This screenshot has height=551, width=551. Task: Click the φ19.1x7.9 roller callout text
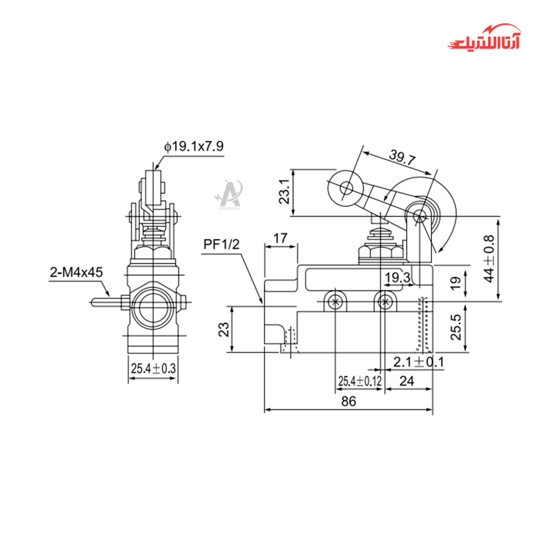[193, 147]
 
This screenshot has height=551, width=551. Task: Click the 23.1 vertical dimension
[284, 192]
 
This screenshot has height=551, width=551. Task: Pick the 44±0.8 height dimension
[489, 258]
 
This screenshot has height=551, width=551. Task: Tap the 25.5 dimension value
[456, 328]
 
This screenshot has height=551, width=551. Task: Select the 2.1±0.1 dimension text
[419, 362]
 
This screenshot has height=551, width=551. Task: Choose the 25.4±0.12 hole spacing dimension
[359, 380]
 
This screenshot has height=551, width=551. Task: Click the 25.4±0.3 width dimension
[153, 368]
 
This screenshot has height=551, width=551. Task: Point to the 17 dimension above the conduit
[280, 239]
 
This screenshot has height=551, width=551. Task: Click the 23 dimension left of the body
[224, 329]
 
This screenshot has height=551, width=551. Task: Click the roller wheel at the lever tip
[346, 189]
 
